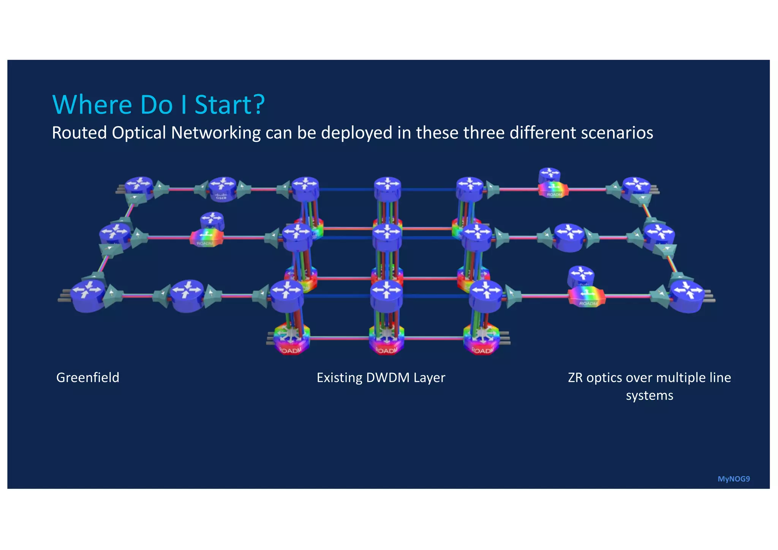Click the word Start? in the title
[229, 104]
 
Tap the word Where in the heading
[92, 104]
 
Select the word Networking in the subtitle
[216, 133]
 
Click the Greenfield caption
[88, 378]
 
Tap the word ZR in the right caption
[575, 378]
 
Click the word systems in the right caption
[649, 395]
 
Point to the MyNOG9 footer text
[733, 479]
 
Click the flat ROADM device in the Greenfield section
[206, 238]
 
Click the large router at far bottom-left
[89, 296]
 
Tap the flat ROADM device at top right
[553, 189]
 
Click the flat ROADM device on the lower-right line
[587, 297]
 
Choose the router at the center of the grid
[387, 236]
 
